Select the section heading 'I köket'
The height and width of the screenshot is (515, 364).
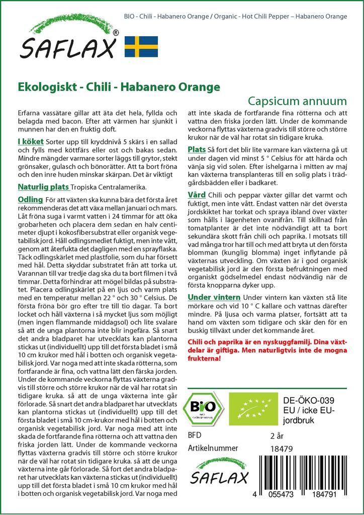(x=30, y=143)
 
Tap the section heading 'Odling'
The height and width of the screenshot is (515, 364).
(x=30, y=200)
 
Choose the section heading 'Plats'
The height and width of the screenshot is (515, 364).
(x=197, y=150)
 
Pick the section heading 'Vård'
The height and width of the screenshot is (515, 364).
(x=197, y=195)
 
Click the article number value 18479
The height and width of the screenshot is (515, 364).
(x=281, y=448)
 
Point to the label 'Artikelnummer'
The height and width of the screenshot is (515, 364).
(x=211, y=448)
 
